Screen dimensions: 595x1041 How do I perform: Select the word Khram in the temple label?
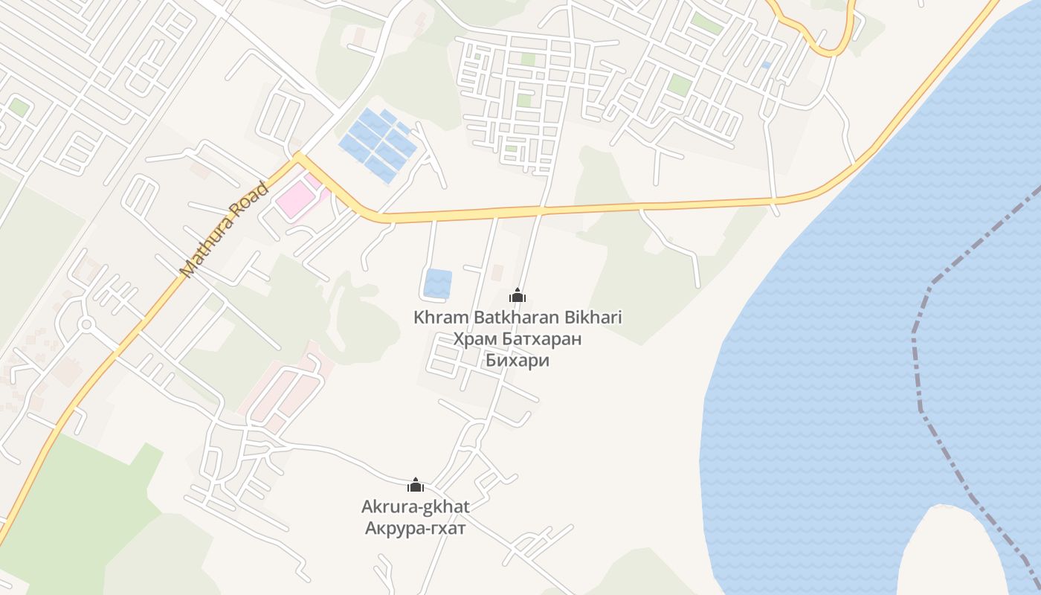coord(436,318)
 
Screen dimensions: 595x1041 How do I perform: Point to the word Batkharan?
coord(511,318)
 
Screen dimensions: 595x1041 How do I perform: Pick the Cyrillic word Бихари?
coord(518,361)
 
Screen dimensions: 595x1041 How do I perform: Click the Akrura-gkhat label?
coord(416,507)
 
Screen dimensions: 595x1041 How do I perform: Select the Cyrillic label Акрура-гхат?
coord(416,529)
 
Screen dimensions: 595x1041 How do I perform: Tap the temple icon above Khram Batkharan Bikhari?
coord(518,296)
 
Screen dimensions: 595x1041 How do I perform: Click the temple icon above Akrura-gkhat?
coord(416,486)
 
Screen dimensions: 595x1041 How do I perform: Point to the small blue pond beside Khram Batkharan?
coord(437,283)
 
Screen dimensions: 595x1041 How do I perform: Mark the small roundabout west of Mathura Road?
coord(86,324)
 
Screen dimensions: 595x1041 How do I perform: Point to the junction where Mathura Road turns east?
coord(298,158)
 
